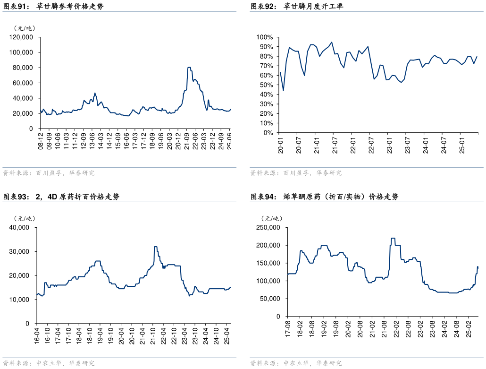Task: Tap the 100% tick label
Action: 265,37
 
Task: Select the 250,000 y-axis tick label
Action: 268,228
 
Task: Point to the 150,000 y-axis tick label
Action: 268,263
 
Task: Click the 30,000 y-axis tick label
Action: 20,251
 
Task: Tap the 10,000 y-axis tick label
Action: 20,300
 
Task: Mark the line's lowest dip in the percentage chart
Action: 283,90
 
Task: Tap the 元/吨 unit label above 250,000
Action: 272,218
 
